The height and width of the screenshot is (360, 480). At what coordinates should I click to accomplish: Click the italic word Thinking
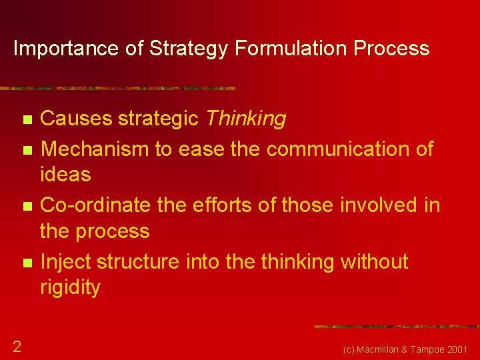245,119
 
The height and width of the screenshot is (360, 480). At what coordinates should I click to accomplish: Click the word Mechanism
95,149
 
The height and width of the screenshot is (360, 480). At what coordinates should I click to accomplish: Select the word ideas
65,174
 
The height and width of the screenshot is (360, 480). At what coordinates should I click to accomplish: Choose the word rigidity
71,287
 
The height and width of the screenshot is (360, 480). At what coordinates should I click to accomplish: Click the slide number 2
17,346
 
